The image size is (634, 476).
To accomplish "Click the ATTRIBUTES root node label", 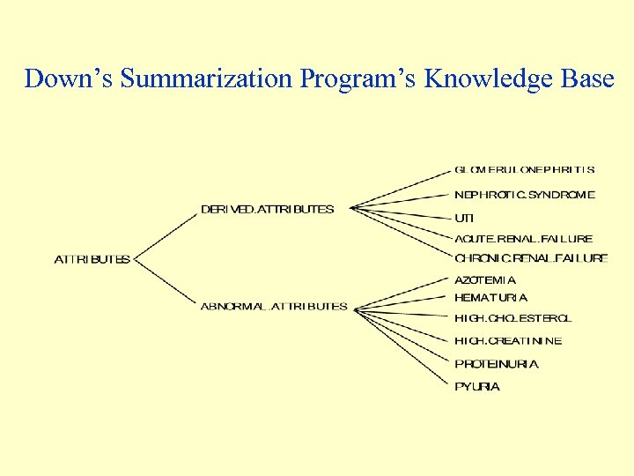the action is pyautogui.click(x=92, y=259).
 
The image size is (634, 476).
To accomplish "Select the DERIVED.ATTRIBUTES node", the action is pyautogui.click(x=268, y=209).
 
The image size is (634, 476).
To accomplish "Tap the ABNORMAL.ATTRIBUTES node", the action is pyautogui.click(x=274, y=307).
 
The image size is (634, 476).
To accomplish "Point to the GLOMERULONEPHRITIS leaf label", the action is pyautogui.click(x=525, y=169).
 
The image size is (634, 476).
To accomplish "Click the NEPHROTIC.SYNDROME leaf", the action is pyautogui.click(x=525, y=194).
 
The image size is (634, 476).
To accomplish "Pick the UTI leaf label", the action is pyautogui.click(x=464, y=217).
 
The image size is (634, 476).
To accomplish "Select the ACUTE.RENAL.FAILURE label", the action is pyautogui.click(x=524, y=238).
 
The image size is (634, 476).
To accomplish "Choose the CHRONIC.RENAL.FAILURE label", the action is pyautogui.click(x=531, y=258).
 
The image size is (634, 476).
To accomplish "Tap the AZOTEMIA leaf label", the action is pyautogui.click(x=485, y=280).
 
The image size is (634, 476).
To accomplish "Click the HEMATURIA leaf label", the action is pyautogui.click(x=491, y=298).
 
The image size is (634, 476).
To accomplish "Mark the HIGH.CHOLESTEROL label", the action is pyautogui.click(x=512, y=318).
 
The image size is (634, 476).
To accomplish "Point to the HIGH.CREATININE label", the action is pyautogui.click(x=508, y=341).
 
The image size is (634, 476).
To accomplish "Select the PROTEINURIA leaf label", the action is pyautogui.click(x=497, y=364).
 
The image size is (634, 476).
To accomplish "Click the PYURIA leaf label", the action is pyautogui.click(x=477, y=387).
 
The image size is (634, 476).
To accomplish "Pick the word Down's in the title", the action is pyautogui.click(x=69, y=78).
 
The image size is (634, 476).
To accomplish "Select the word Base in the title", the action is pyautogui.click(x=588, y=78).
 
